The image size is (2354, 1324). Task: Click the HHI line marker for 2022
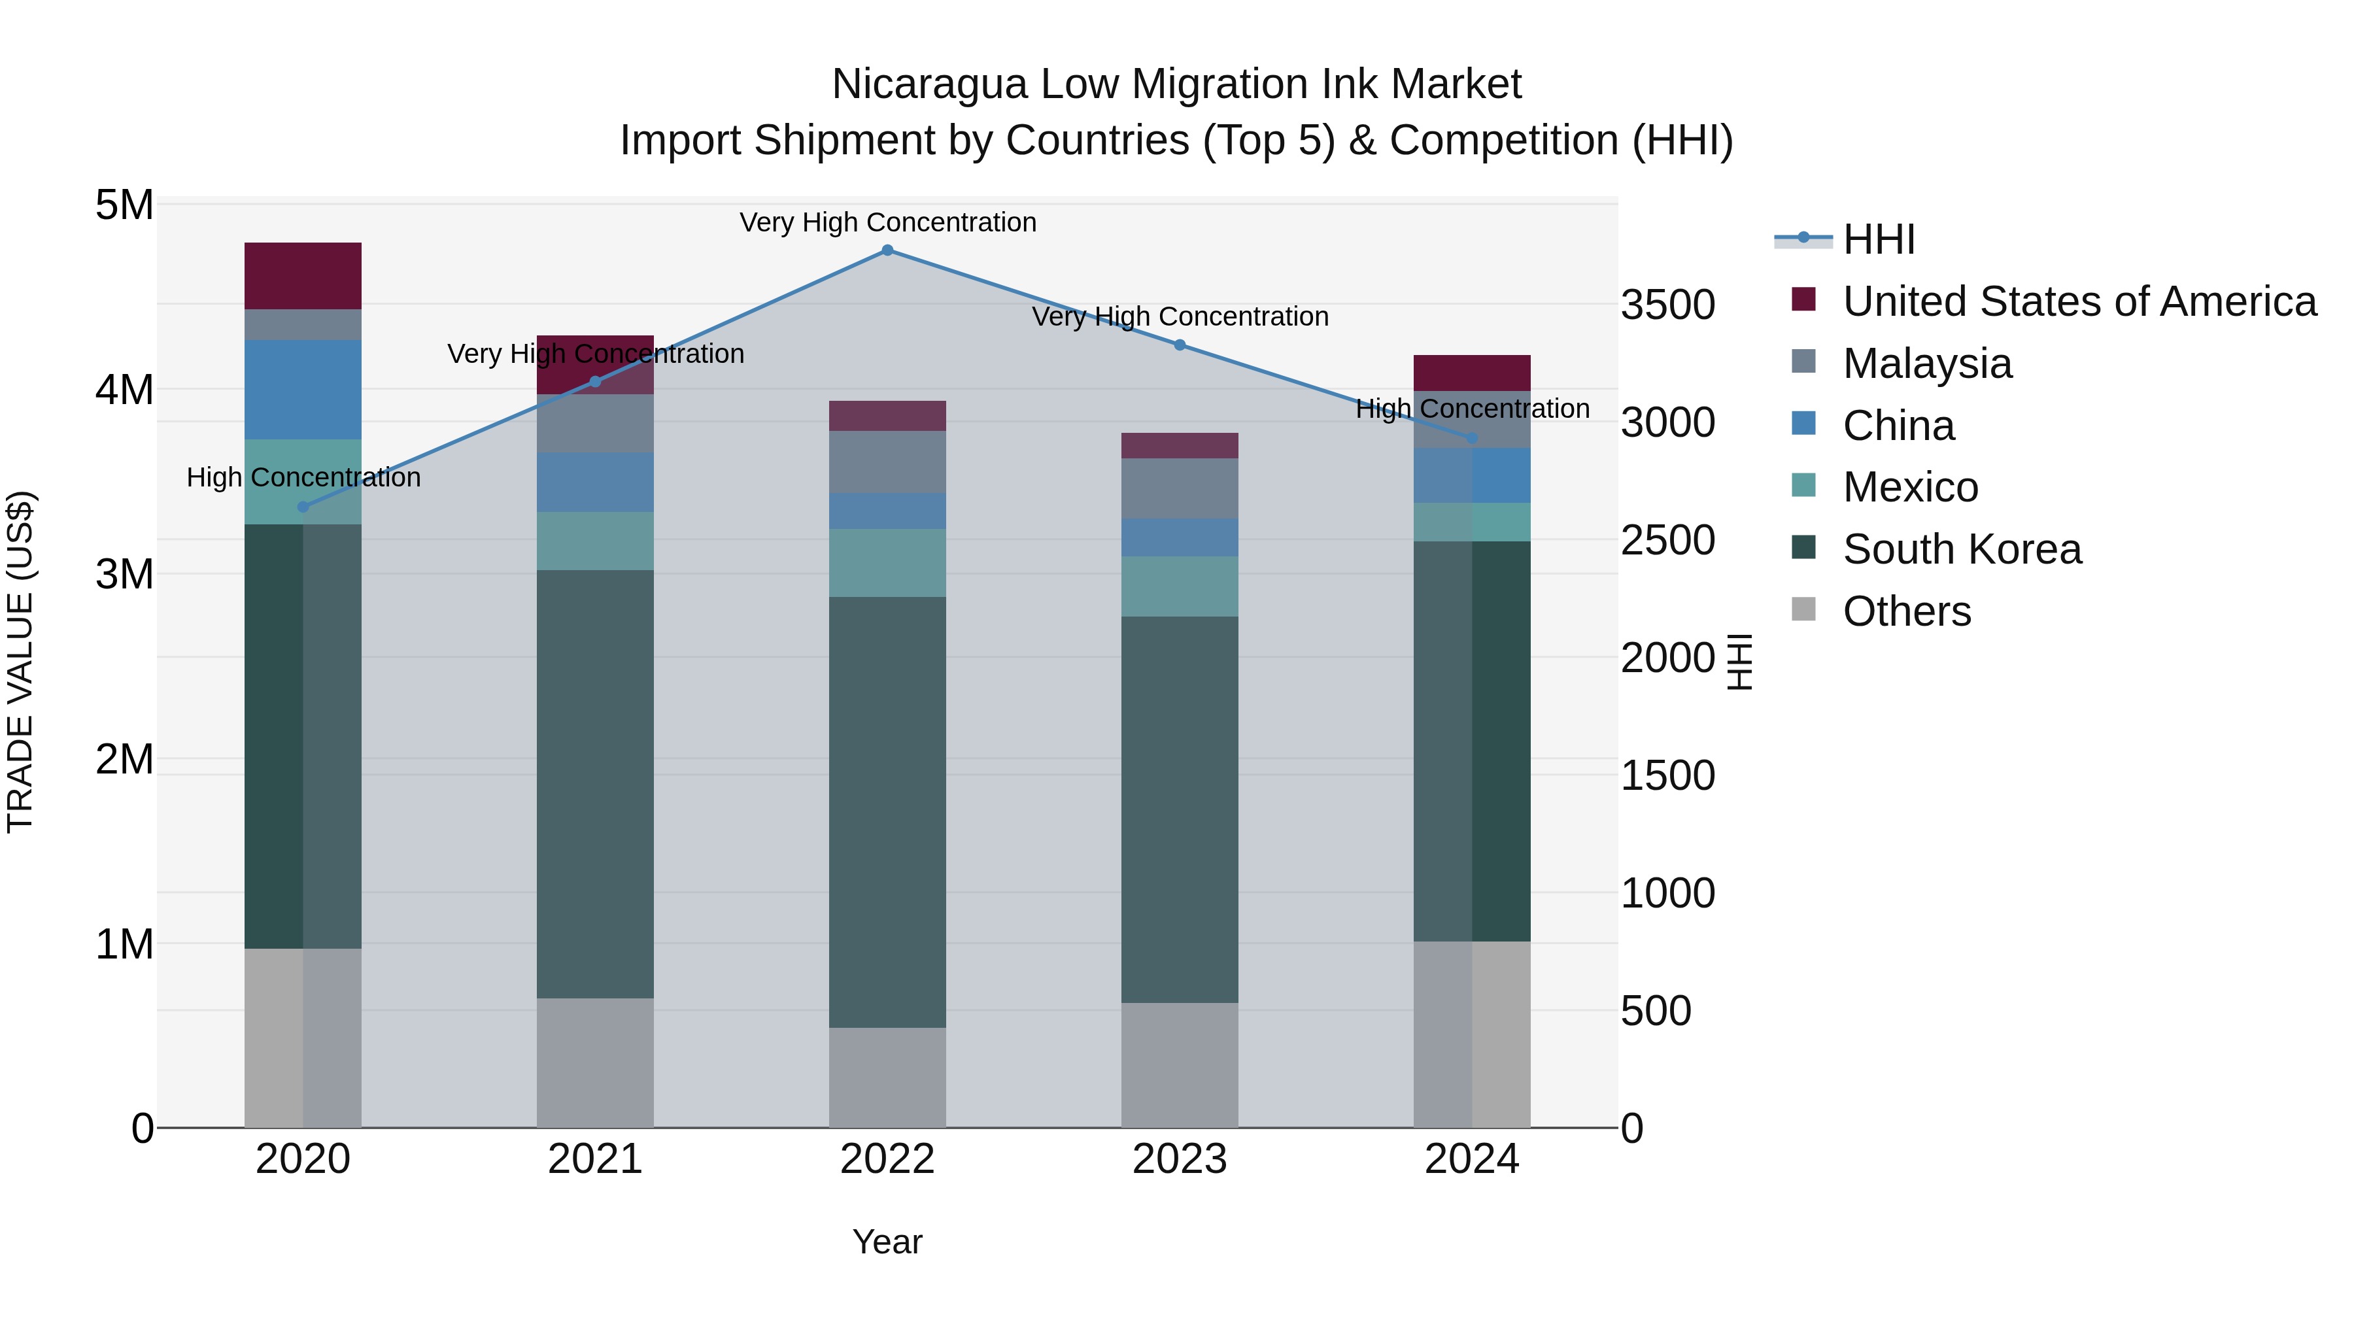(x=887, y=250)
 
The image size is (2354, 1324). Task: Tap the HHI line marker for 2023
(x=1180, y=345)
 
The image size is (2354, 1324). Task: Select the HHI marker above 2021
(x=595, y=382)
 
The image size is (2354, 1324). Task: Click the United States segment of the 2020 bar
(x=303, y=276)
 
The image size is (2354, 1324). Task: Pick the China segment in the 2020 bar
(x=303, y=390)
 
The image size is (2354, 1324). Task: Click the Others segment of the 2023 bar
(x=1180, y=1066)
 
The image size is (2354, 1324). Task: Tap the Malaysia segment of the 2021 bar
(x=595, y=424)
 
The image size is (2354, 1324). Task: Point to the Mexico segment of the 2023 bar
(x=1180, y=586)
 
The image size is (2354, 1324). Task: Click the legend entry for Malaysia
(x=1926, y=364)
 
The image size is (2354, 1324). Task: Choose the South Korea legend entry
(x=1961, y=549)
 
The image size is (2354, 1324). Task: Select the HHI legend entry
(x=1878, y=239)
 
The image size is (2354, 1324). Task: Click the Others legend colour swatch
(x=1804, y=609)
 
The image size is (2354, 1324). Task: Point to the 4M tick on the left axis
(x=124, y=390)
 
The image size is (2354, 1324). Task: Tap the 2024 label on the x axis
(x=1471, y=1159)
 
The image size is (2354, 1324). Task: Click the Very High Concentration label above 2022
(x=887, y=222)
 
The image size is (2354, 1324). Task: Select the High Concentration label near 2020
(x=303, y=477)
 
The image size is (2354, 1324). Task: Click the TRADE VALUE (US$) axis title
(x=20, y=662)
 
